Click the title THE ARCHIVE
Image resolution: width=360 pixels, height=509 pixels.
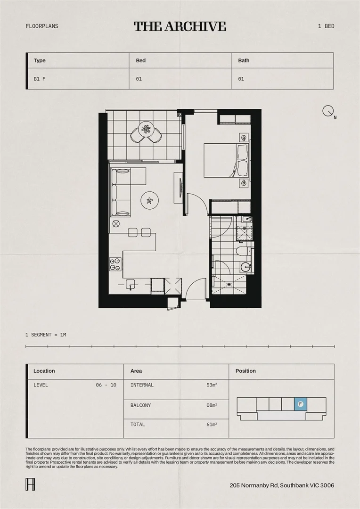coord(180,26)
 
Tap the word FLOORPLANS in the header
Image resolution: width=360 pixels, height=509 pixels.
coord(42,26)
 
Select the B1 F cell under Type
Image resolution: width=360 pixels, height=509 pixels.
coord(40,79)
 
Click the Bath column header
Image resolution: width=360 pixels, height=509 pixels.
coord(244,60)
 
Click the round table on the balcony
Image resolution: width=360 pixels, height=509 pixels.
coord(147,129)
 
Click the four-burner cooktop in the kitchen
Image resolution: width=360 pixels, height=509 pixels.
coord(115,264)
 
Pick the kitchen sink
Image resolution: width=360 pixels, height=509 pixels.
coord(131,284)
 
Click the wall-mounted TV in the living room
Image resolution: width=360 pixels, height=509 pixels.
coord(181,188)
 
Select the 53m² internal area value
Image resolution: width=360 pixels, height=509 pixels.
coord(211,385)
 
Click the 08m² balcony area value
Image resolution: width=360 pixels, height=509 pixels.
coord(211,405)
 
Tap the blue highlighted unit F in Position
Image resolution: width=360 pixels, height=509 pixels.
coord(300,404)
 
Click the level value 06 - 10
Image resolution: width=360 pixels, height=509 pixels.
coord(106,385)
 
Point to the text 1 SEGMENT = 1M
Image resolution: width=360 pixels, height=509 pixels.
coord(46,335)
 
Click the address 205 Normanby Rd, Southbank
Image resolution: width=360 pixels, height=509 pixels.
coord(282,485)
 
